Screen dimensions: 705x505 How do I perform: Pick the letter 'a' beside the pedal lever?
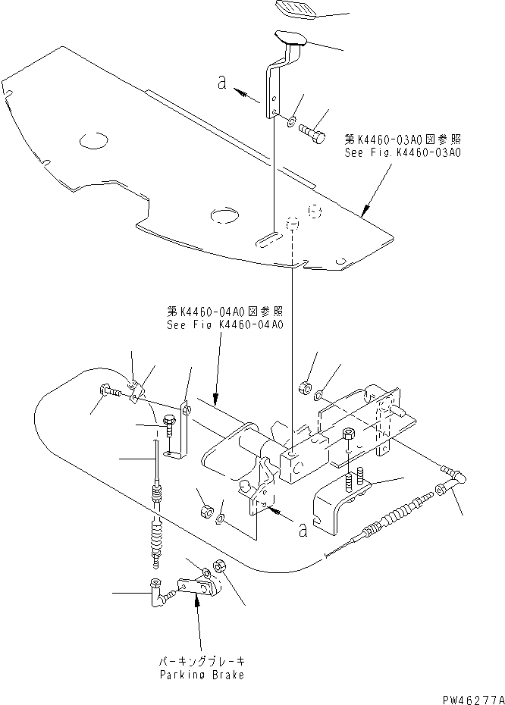(222, 84)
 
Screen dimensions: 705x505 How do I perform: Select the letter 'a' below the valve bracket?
(303, 530)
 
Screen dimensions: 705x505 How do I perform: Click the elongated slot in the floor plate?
(267, 240)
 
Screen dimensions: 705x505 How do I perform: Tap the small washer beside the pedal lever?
(292, 120)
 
